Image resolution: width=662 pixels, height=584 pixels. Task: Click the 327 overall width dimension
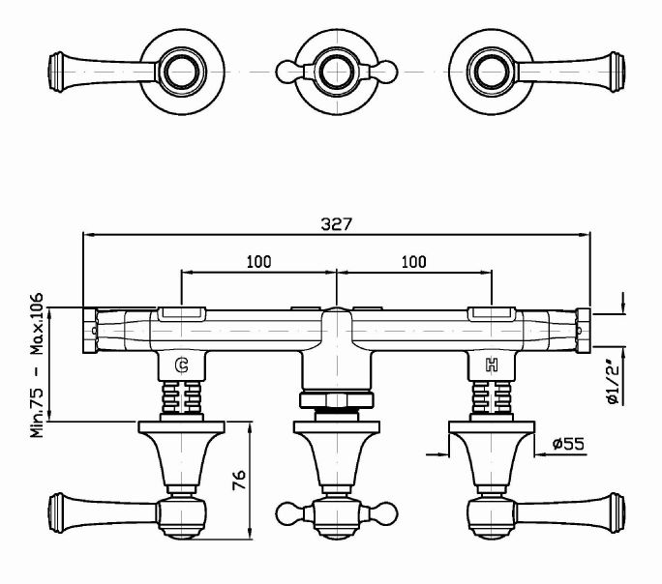(336, 224)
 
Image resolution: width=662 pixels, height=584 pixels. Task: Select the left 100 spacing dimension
(258, 262)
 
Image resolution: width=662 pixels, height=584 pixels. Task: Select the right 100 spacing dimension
(414, 262)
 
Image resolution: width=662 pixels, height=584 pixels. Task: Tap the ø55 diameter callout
(568, 444)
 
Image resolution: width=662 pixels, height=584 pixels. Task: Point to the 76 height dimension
(239, 480)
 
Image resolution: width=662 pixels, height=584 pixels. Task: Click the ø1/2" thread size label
(614, 383)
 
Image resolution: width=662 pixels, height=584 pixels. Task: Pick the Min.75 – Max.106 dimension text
(37, 365)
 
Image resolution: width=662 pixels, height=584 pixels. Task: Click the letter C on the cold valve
(182, 365)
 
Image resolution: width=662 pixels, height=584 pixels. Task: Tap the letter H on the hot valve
(492, 365)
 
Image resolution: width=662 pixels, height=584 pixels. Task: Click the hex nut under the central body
(337, 400)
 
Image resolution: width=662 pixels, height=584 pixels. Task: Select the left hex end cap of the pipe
(90, 331)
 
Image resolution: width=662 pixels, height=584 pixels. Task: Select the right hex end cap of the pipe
(583, 331)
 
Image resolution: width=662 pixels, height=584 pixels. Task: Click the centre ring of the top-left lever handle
(182, 72)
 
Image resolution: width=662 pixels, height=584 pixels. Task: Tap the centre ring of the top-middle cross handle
(337, 72)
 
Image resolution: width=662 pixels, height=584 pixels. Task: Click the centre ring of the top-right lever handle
(492, 72)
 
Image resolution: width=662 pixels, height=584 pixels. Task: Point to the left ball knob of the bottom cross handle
(288, 514)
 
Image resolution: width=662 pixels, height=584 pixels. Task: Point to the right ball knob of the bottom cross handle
(384, 514)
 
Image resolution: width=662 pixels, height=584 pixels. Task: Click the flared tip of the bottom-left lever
(56, 512)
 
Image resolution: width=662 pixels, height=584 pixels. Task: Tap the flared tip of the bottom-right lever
(617, 512)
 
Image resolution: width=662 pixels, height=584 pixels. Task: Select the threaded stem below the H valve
(492, 397)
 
